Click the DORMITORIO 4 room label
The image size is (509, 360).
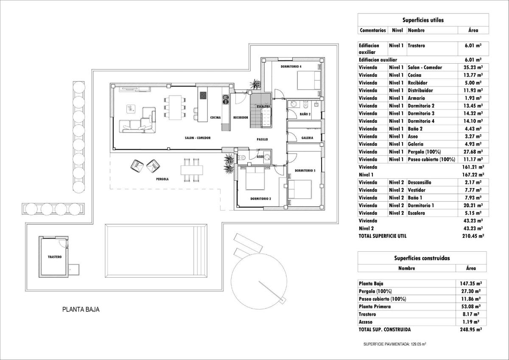(291, 67)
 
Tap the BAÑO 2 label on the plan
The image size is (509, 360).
(305, 114)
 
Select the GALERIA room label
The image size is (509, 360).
(308, 138)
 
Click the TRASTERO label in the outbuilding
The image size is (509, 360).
(55, 257)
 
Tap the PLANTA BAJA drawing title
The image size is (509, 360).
(81, 309)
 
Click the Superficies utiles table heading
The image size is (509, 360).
(423, 20)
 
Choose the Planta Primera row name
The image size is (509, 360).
(375, 307)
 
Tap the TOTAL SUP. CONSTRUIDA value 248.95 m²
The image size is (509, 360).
(472, 329)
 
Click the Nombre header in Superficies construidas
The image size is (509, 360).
(406, 268)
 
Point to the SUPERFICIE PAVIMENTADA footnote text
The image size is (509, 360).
(398, 344)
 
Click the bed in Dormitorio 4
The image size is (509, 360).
(309, 79)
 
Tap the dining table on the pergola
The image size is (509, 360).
(190, 169)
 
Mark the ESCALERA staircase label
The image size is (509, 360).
(263, 106)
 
